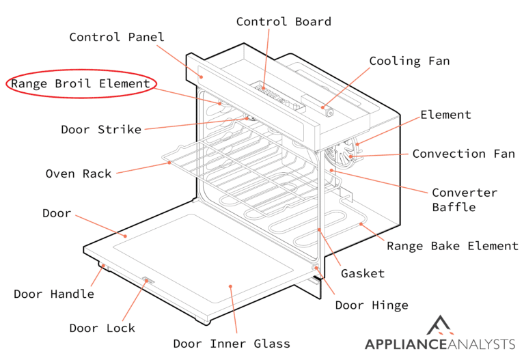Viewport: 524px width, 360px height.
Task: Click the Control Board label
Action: point(284,21)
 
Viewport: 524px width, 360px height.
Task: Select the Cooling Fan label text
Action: point(409,61)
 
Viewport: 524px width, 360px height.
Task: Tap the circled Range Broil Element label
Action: point(81,84)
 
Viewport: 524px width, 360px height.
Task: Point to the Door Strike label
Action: point(101,129)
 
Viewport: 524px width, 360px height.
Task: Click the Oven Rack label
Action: point(79,174)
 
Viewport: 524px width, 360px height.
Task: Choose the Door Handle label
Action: point(54,294)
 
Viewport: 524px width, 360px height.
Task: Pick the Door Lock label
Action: point(102,328)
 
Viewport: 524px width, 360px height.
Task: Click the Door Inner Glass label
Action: point(232,344)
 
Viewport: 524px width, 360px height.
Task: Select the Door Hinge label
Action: point(372,305)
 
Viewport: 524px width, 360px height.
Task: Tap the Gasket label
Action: point(362,273)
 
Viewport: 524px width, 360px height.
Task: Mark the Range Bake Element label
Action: point(452,246)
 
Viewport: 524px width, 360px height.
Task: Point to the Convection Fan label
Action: point(463,154)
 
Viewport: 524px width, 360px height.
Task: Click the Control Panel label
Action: point(117,37)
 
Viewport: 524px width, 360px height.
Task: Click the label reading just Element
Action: point(445,114)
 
